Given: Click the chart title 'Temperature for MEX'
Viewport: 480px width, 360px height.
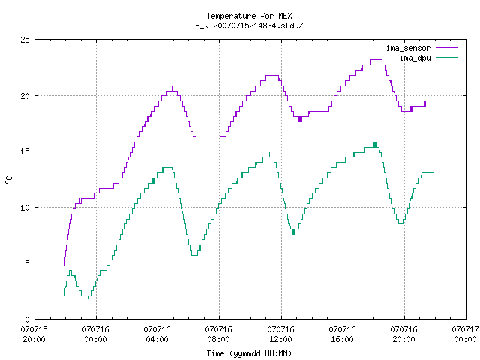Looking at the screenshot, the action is [x=249, y=16].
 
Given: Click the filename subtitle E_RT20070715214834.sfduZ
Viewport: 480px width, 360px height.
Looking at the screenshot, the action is [x=249, y=25].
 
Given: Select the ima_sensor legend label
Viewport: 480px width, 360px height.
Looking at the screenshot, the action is [x=408, y=48].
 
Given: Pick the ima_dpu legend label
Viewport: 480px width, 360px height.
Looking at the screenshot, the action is [x=415, y=58].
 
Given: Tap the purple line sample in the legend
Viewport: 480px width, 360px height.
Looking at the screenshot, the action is [x=447, y=48].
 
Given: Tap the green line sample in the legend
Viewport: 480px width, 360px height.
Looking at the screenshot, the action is [x=447, y=57].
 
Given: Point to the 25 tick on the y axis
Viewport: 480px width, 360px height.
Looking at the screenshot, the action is [x=25, y=40].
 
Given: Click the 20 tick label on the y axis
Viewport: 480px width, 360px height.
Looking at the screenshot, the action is [x=25, y=96].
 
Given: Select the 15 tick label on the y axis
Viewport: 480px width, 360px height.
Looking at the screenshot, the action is [x=25, y=151].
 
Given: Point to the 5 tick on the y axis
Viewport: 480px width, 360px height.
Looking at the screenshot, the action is [x=27, y=263].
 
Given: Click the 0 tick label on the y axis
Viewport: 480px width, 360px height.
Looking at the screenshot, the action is [x=27, y=319].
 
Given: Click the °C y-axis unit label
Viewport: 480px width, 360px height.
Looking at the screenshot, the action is [x=8, y=180].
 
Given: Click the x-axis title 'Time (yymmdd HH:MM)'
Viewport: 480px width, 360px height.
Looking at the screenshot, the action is [x=249, y=353].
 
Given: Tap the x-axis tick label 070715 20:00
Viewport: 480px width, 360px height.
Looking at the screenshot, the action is [x=34, y=334].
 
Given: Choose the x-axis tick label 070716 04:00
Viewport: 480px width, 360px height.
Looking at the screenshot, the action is [x=157, y=334].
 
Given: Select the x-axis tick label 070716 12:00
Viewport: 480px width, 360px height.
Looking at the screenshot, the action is [x=280, y=334].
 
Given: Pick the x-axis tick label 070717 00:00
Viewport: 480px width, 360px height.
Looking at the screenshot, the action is [x=465, y=334].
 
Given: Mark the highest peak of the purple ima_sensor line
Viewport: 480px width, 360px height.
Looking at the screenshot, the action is [x=376, y=60].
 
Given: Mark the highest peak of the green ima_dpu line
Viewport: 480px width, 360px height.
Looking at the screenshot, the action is [x=375, y=142].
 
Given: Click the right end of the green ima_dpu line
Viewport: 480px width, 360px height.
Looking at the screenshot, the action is [x=433, y=173].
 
